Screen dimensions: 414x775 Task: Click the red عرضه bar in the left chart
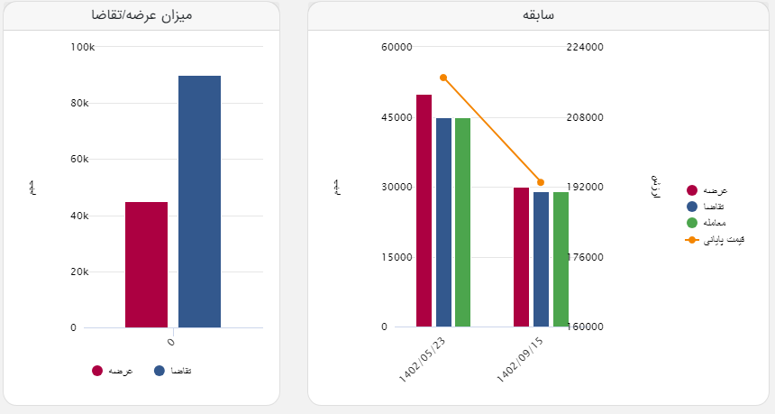point(146,264)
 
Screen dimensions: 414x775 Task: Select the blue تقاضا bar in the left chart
point(199,201)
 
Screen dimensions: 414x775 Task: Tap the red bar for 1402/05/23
point(424,210)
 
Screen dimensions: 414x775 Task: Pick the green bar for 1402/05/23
point(462,222)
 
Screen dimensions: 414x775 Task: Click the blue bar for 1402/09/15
point(541,259)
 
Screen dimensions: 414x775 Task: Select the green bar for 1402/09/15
point(561,259)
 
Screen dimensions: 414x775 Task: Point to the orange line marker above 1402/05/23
point(443,78)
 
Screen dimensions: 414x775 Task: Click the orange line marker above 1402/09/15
point(541,182)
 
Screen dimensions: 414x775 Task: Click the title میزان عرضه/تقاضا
point(141,15)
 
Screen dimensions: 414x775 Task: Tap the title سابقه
point(538,15)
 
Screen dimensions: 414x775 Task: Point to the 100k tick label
point(82,46)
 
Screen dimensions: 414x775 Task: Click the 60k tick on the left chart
point(79,159)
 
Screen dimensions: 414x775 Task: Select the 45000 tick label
point(396,117)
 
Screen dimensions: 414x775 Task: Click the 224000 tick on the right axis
point(584,47)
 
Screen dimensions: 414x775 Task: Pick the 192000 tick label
point(584,187)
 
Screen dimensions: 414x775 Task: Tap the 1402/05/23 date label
point(422,359)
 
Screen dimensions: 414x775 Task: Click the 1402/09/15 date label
point(519,359)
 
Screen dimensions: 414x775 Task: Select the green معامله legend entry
point(707,223)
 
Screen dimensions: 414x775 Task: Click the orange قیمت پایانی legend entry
point(707,240)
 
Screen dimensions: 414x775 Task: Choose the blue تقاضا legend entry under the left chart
point(174,371)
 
